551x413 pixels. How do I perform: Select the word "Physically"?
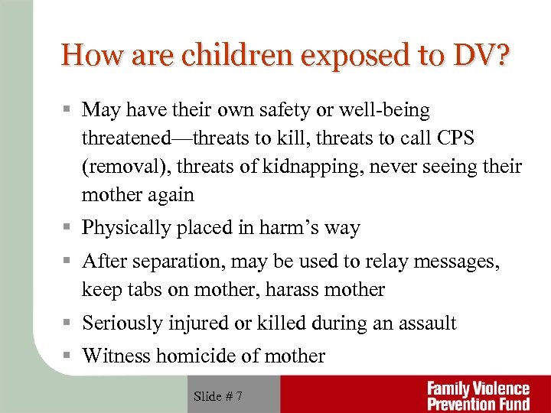pos(121,228)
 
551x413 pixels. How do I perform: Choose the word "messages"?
pos(458,262)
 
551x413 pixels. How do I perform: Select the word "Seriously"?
pos(118,324)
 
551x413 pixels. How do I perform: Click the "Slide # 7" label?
pos(218,395)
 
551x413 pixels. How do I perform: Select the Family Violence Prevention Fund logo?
pos(479,395)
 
